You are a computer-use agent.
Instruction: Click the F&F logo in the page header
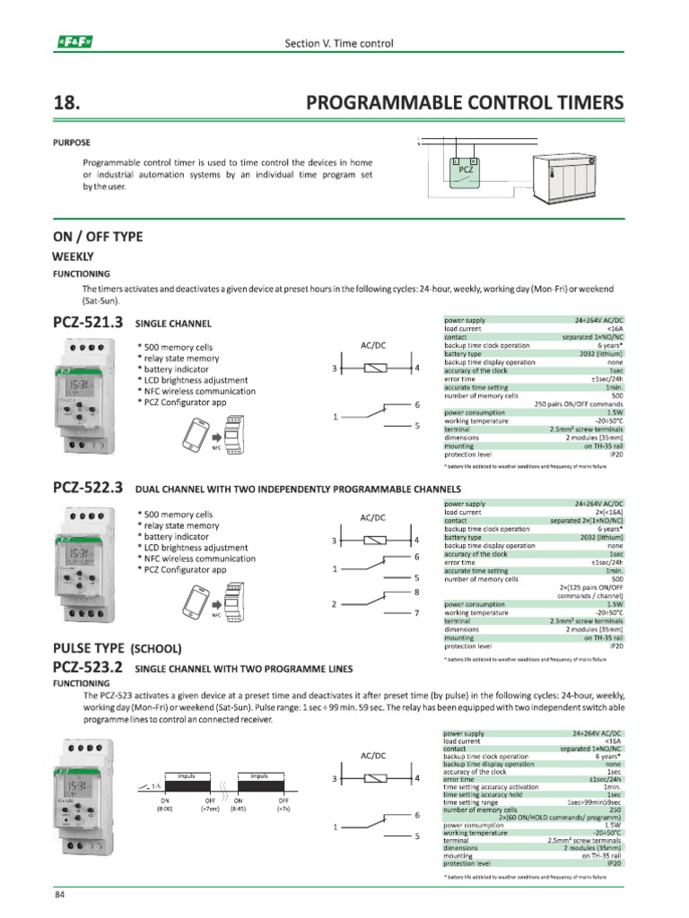click(75, 42)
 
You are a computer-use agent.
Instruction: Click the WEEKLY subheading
click(74, 256)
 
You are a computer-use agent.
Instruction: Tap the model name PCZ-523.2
click(87, 667)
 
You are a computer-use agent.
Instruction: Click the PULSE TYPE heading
click(90, 647)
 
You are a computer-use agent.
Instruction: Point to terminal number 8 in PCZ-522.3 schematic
click(417, 593)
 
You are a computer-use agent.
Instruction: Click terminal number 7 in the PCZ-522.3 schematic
click(417, 614)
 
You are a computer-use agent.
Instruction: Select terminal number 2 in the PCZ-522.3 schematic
click(335, 603)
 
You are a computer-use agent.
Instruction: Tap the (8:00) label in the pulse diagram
click(165, 809)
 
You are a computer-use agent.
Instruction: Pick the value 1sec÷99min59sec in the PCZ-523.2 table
click(593, 802)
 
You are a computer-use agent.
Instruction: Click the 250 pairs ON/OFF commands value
click(579, 404)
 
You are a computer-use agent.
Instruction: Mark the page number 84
click(60, 896)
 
